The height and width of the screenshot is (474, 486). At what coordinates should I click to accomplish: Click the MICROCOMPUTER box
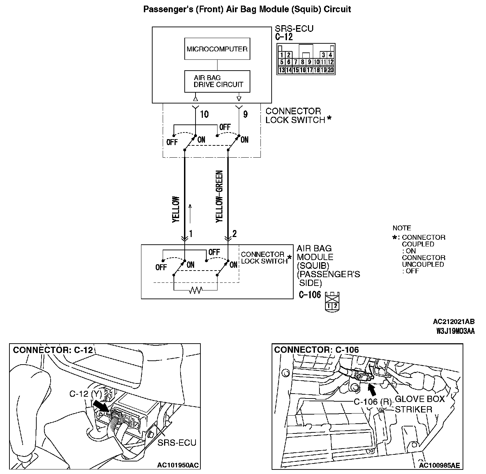pos(217,49)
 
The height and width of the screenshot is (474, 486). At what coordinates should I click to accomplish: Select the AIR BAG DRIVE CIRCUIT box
pos(217,81)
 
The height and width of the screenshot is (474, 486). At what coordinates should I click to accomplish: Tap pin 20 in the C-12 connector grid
pos(330,70)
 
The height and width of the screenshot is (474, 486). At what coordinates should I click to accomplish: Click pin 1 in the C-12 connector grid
pos(282,55)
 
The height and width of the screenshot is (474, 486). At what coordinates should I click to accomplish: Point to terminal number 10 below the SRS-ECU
pos(204,114)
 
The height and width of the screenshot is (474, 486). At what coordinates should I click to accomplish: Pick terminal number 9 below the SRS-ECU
pos(245,114)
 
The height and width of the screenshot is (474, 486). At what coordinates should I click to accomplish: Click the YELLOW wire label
pos(176,209)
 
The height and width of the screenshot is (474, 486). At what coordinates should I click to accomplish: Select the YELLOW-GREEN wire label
pos(219,196)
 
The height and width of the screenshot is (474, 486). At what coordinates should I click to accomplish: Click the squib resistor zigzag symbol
pos(195,290)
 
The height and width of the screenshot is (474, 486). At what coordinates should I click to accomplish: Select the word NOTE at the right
pos(402,228)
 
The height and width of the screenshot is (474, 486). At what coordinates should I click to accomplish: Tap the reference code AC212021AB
pos(454,322)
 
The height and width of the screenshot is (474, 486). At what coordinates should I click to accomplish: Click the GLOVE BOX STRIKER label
pos(419,404)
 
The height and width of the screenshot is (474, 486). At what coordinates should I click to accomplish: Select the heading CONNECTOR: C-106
pos(316,350)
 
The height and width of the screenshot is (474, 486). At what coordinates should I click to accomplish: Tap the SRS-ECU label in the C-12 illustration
pos(177,443)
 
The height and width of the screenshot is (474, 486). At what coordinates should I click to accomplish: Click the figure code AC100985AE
pos(439,465)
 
